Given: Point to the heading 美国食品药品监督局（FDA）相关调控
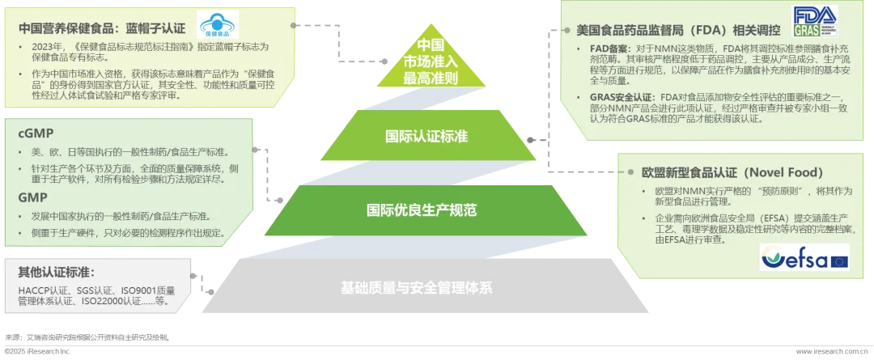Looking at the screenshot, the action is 678,30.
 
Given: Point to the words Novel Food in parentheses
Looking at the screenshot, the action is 785,172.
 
